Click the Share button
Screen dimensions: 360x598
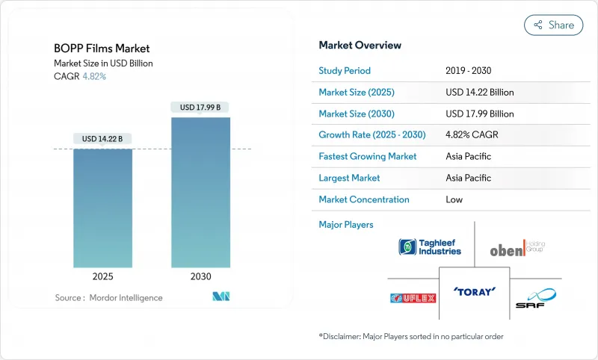(x=553, y=25)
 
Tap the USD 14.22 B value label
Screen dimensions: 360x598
(x=102, y=139)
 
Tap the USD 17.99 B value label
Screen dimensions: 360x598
(x=200, y=108)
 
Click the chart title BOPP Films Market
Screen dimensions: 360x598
(x=102, y=49)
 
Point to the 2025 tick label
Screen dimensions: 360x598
(x=102, y=276)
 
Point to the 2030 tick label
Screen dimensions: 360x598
(x=200, y=276)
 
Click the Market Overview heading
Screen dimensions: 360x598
(x=360, y=46)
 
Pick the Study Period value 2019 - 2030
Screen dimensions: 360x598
(x=469, y=71)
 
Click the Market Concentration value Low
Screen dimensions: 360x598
(x=454, y=199)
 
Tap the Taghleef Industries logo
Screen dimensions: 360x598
(x=430, y=247)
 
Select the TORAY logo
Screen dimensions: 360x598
(x=474, y=291)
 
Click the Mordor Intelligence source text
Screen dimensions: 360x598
(x=109, y=297)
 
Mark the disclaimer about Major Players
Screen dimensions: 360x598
(x=411, y=337)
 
